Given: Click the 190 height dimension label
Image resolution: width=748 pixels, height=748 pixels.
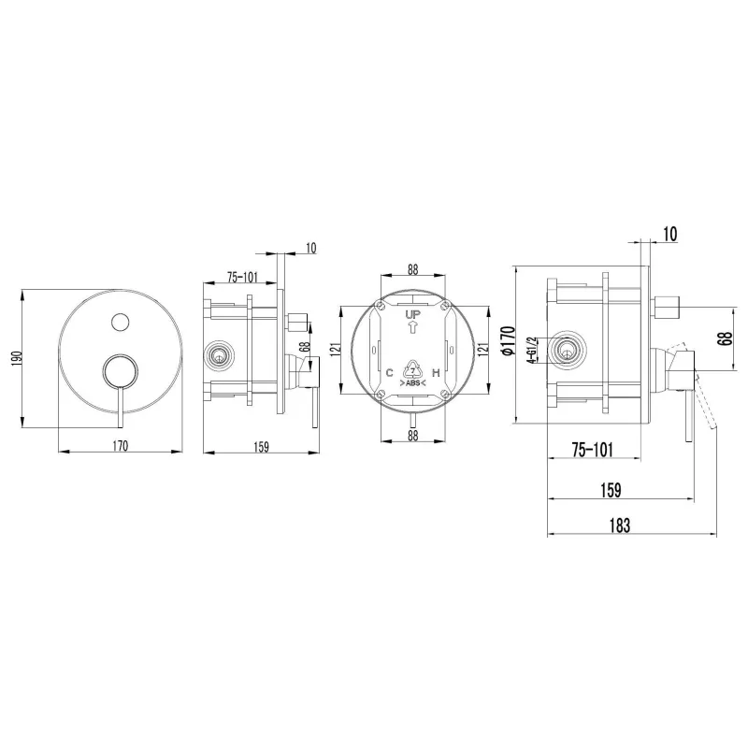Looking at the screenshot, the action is [x=17, y=358].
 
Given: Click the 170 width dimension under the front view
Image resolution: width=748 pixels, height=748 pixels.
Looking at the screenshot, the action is [x=121, y=446].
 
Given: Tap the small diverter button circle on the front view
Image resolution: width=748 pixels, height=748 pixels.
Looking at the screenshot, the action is [x=121, y=322].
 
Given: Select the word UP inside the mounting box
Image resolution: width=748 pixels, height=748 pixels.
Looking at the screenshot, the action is [x=412, y=314].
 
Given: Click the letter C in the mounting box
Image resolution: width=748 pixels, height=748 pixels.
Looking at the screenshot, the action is [x=389, y=372].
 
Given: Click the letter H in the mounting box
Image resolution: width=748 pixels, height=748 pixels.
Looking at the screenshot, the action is [x=436, y=372].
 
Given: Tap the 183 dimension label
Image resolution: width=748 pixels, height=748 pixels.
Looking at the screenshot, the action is [x=620, y=525].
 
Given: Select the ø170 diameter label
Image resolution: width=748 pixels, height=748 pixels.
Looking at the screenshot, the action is [x=509, y=340].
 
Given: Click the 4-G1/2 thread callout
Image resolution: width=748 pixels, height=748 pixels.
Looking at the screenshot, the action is [x=531, y=350].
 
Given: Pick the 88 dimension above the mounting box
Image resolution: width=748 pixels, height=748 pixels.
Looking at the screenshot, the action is [x=412, y=269].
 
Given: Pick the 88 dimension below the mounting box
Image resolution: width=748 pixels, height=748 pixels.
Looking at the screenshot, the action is [x=412, y=435].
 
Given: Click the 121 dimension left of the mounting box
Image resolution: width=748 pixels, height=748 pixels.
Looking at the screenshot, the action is [x=336, y=349].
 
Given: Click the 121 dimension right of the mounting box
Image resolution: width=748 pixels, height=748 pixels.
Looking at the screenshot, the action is [x=483, y=349].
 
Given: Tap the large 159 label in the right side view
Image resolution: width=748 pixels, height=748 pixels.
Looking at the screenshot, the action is [x=611, y=490].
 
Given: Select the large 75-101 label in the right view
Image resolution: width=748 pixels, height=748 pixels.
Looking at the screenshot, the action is [x=592, y=450].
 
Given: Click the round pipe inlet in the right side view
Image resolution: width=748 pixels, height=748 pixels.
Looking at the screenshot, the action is [x=567, y=350].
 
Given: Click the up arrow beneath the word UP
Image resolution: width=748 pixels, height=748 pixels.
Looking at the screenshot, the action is [x=412, y=327].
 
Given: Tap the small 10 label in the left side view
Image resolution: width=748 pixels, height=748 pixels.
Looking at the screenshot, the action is [x=310, y=248].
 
